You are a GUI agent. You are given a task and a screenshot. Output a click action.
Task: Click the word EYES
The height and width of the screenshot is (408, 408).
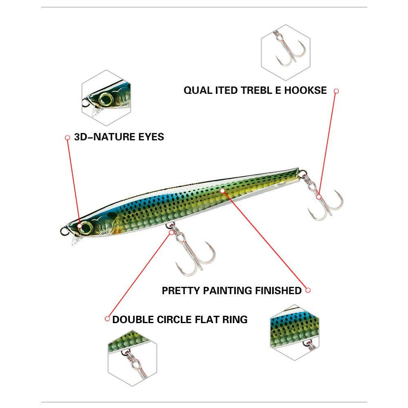150,137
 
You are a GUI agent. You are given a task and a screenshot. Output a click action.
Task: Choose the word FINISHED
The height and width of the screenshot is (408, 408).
278,290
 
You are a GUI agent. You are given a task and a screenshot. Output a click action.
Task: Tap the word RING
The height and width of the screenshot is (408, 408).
235,319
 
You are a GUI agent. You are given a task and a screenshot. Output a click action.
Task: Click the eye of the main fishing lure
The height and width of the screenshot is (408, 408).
86,226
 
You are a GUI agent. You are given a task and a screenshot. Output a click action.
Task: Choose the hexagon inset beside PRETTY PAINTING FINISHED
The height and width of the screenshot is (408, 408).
295,332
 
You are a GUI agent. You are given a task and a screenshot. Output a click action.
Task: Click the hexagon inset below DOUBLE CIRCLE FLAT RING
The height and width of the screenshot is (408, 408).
132,359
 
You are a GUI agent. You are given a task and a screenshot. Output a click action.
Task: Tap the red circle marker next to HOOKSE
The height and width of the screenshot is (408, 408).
337,91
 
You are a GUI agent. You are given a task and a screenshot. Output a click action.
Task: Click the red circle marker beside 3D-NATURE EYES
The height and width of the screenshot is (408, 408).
68,137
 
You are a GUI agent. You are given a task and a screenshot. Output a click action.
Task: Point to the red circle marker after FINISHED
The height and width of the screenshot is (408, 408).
308,290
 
